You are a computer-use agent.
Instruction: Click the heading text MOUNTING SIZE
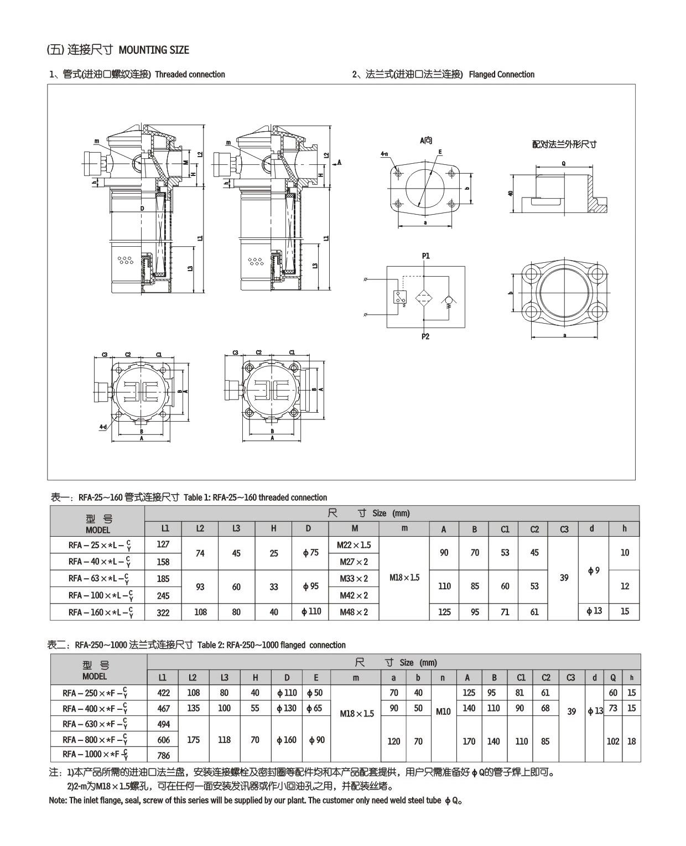[x=154, y=50]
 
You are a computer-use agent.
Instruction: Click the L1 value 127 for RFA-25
[x=163, y=544]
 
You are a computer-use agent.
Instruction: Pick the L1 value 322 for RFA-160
[x=163, y=613]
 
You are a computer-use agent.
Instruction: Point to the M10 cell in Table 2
[x=443, y=712]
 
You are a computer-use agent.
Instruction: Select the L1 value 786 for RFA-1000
[x=164, y=755]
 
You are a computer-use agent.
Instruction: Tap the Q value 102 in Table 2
[x=613, y=741]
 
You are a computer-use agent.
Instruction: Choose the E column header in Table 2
[x=315, y=678]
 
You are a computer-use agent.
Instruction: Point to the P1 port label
[x=425, y=256]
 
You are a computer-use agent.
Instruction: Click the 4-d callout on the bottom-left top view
[x=103, y=427]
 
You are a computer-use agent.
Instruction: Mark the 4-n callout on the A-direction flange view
[x=384, y=154]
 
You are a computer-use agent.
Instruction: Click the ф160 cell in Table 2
[x=287, y=740]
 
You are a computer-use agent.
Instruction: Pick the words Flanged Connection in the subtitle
[x=501, y=75]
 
